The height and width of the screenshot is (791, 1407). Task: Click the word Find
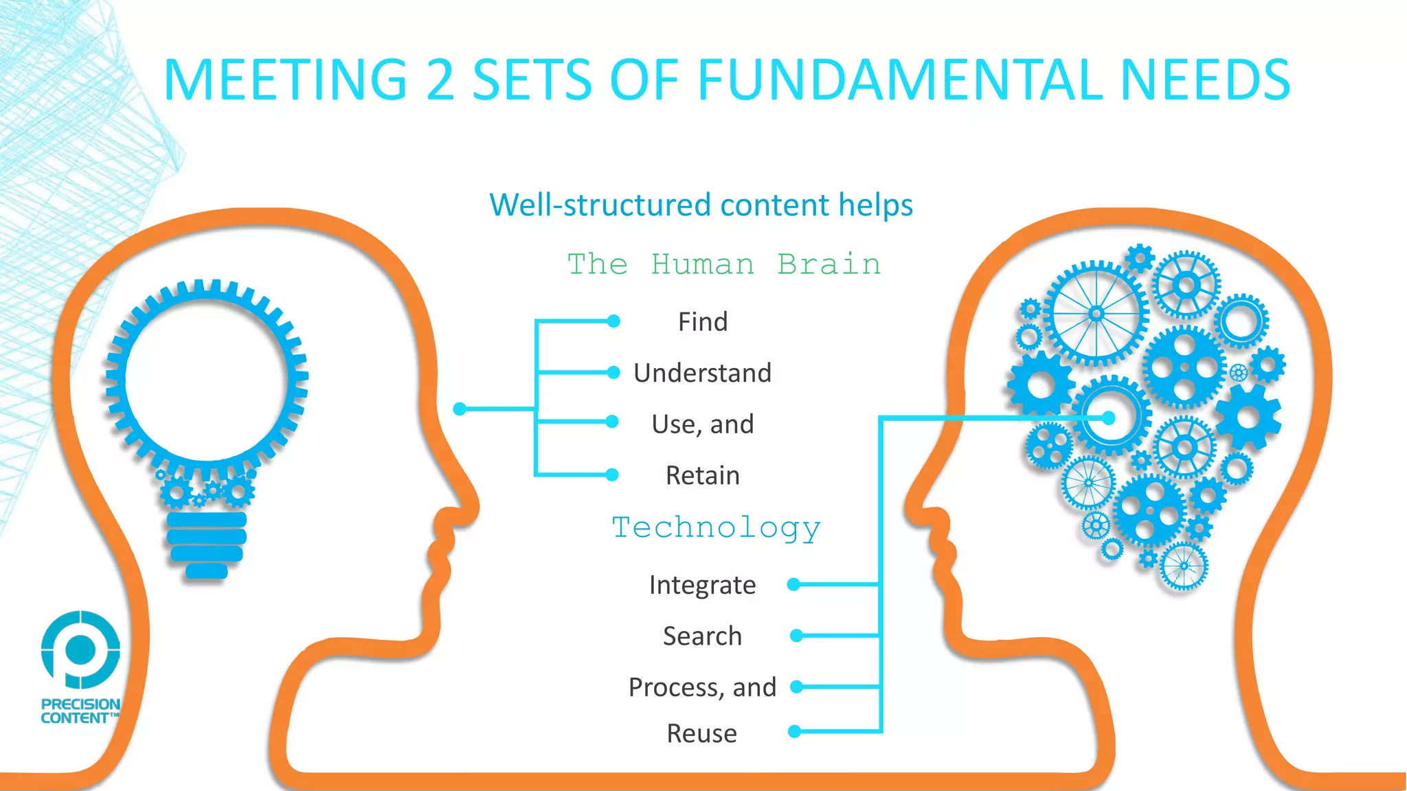coord(702,322)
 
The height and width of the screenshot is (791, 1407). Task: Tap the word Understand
coord(702,373)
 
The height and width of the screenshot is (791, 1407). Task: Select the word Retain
coord(702,475)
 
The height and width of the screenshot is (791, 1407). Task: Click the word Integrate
coord(702,585)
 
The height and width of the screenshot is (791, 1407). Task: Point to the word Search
coord(702,636)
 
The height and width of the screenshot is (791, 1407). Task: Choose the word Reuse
coord(701,733)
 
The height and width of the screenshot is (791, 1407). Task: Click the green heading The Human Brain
coord(723,264)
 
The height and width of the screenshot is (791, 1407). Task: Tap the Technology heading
coord(716,528)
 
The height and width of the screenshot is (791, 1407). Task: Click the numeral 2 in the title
coord(440,80)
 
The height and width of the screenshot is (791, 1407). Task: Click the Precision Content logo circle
coord(81,649)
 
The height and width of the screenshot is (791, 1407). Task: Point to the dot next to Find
coord(614,321)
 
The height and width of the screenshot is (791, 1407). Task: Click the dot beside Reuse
coord(794,731)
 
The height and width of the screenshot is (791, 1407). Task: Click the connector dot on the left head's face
coord(460,409)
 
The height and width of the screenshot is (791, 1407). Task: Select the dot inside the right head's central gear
coord(1108,417)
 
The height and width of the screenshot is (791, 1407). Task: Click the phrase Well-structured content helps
coord(701,205)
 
